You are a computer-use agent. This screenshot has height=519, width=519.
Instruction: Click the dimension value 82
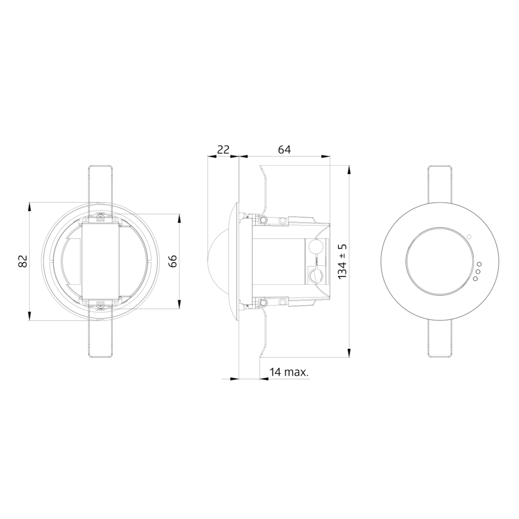(22, 261)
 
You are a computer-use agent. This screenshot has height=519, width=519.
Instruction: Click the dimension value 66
(173, 261)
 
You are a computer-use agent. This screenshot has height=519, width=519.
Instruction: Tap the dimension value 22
(223, 149)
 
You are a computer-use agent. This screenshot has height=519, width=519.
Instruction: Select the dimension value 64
(284, 149)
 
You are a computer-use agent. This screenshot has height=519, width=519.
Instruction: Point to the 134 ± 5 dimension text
(343, 262)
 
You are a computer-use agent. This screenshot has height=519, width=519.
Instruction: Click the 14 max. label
(289, 372)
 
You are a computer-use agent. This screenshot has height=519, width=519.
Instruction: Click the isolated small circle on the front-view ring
(469, 237)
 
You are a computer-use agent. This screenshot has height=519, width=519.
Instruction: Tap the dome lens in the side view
(218, 262)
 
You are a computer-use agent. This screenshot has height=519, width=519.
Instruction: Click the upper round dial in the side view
(315, 247)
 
